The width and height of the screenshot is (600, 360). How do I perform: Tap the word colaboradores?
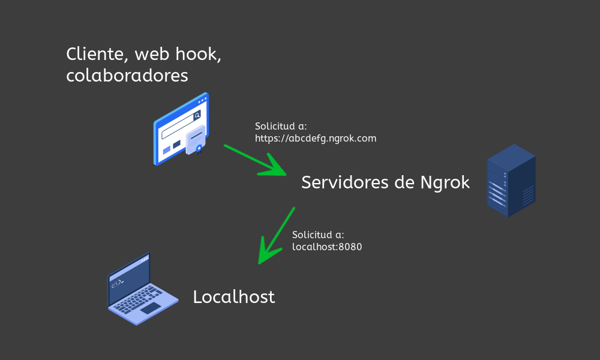[x=127, y=76]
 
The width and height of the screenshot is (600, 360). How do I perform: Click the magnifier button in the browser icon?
[x=197, y=116]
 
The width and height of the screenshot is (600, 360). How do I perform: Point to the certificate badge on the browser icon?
[x=196, y=141]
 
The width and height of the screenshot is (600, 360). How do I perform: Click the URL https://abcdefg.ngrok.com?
[x=316, y=139]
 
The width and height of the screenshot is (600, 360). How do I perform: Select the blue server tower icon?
[x=511, y=179]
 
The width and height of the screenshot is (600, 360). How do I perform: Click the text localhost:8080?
[x=327, y=247]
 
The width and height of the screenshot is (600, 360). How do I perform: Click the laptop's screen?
[x=129, y=277]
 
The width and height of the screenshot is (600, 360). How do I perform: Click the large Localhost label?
[x=234, y=297]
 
